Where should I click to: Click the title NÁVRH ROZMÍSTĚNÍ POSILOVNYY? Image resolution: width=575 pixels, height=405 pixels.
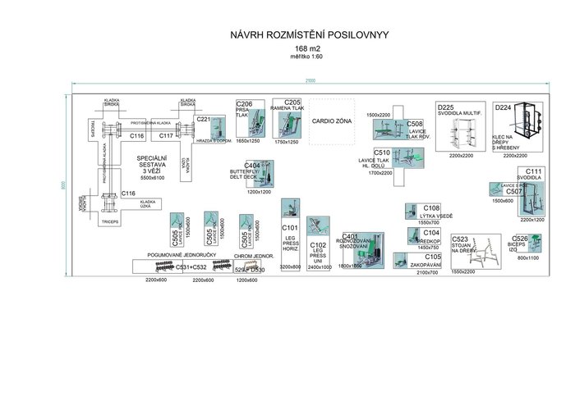[x=312, y=36]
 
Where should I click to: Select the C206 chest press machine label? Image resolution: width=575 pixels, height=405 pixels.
[x=244, y=104]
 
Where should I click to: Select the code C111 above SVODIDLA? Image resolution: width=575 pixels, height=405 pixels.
[x=534, y=171]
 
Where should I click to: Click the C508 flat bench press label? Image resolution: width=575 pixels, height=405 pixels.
[x=415, y=124]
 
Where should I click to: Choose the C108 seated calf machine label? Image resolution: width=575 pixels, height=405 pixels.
[x=431, y=208]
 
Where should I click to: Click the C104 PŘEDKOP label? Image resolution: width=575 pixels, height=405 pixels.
[x=431, y=233]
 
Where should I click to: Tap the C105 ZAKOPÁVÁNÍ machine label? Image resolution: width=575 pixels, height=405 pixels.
[x=433, y=257]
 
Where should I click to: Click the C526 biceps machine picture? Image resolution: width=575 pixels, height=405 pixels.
[x=535, y=243]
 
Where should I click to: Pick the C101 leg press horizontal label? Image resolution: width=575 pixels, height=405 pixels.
[x=290, y=228]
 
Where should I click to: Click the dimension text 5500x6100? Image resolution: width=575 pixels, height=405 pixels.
[x=154, y=178]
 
